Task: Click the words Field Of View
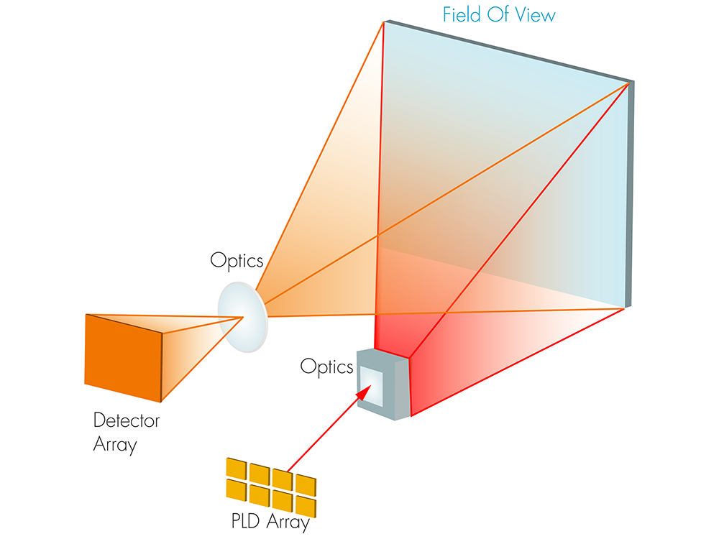click(498, 14)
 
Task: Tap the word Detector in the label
click(127, 420)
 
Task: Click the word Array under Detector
click(115, 445)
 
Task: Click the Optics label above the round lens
click(237, 260)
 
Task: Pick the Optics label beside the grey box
click(327, 367)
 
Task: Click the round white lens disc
click(243, 316)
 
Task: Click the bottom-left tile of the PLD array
click(236, 488)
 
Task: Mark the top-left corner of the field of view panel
click(385, 22)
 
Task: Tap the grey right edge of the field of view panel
click(629, 194)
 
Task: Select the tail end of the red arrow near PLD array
click(288, 471)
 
